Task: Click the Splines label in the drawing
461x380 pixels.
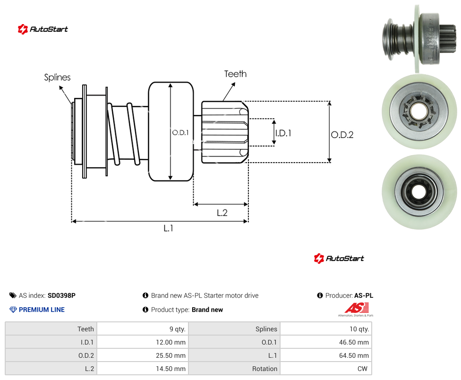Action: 57,78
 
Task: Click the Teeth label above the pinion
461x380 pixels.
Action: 235,74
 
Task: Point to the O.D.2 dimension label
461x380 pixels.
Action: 342,135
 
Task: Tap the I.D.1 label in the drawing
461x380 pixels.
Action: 283,133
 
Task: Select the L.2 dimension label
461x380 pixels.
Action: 222,213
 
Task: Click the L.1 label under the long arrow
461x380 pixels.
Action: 169,228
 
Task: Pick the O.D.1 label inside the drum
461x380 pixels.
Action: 180,133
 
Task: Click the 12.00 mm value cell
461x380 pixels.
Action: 143,342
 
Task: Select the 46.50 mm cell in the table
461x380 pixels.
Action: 326,342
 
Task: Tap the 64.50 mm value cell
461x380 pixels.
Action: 326,355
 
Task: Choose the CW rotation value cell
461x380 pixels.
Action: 326,369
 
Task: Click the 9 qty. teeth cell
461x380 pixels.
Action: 143,329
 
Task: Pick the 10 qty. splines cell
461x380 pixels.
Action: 326,329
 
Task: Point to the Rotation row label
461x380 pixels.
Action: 265,369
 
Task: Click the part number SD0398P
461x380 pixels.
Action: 61,295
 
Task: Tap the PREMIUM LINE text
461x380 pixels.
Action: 42,310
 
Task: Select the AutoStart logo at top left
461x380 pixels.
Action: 43,29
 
